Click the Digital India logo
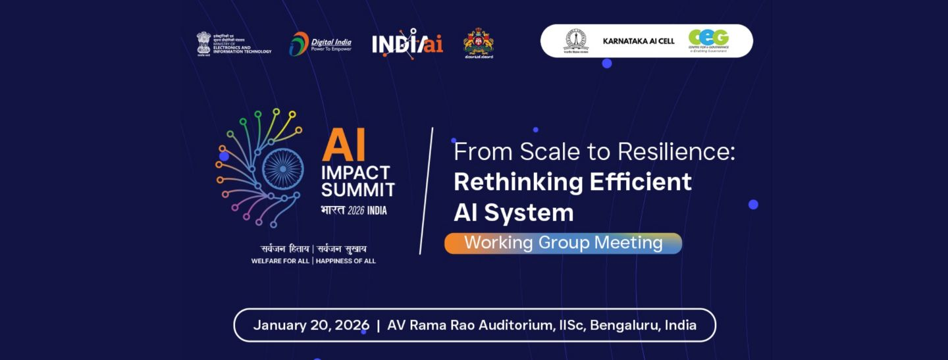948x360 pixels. pyautogui.click(x=321, y=43)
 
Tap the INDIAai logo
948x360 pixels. pyautogui.click(x=407, y=44)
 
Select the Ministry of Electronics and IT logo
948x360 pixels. pyautogui.click(x=234, y=43)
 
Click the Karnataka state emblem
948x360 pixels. pyautogui.click(x=479, y=43)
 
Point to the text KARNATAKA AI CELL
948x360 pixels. pyautogui.click(x=639, y=41)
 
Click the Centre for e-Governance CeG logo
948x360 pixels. pyautogui.click(x=708, y=40)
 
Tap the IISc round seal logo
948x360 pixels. pyautogui.click(x=576, y=41)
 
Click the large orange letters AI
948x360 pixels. pyautogui.click(x=344, y=145)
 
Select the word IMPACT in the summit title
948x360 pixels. pyautogui.click(x=356, y=173)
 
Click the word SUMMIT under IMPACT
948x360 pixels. pyautogui.click(x=358, y=190)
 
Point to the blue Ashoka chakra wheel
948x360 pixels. pyautogui.click(x=283, y=168)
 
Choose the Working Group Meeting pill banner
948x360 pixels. pyautogui.click(x=563, y=243)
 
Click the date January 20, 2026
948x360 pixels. pyautogui.click(x=311, y=325)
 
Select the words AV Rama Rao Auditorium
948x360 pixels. pyautogui.click(x=470, y=325)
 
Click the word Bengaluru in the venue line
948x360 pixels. pyautogui.click(x=625, y=325)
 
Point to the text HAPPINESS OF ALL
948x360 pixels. pyautogui.click(x=346, y=261)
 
